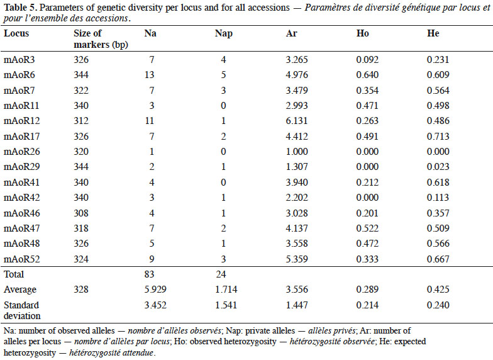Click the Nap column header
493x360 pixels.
pyautogui.click(x=224, y=33)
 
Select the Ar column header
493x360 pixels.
pyautogui.click(x=292, y=33)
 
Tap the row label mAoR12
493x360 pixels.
pyautogui.click(x=21, y=121)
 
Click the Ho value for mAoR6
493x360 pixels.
pyautogui.click(x=367, y=75)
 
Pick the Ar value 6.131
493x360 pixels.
pyautogui.click(x=297, y=121)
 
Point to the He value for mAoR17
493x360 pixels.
pyautogui.click(x=438, y=136)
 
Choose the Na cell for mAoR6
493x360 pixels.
pyautogui.click(x=150, y=75)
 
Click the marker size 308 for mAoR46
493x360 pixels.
pyautogui.click(x=80, y=213)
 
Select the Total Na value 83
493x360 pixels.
pyautogui.click(x=150, y=274)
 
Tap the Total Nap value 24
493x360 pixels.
pyautogui.click(x=221, y=274)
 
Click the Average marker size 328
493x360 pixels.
pyautogui.click(x=80, y=290)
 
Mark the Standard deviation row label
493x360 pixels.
pyautogui.click(x=22, y=310)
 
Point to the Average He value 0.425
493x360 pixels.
pyautogui.click(x=438, y=290)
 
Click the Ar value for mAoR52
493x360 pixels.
pyautogui.click(x=297, y=259)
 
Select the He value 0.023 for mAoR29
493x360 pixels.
pyautogui.click(x=438, y=167)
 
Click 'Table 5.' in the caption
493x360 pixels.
pyautogui.click(x=20, y=8)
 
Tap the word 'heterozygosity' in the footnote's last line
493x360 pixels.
pyautogui.click(x=30, y=353)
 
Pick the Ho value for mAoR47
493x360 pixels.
pyautogui.click(x=367, y=228)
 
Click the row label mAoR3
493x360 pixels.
pyautogui.click(x=19, y=60)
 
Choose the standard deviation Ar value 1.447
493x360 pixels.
pyautogui.click(x=297, y=305)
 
